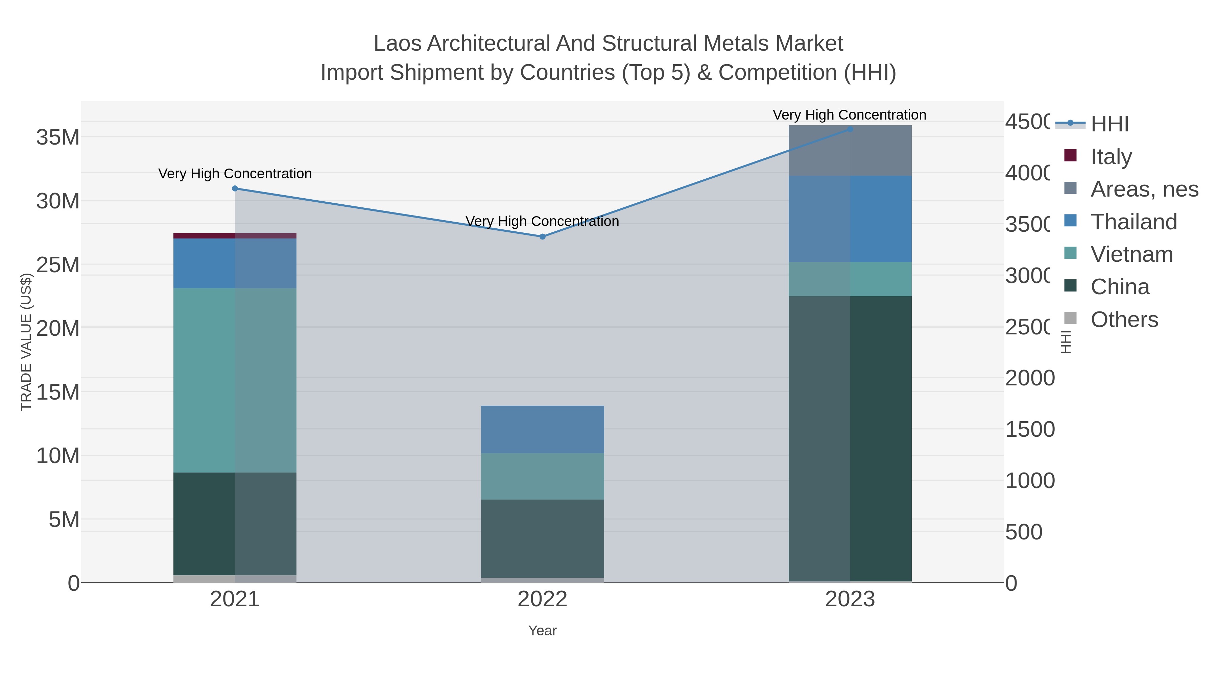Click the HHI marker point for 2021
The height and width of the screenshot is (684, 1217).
pos(235,188)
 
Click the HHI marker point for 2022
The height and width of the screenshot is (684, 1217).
pos(542,236)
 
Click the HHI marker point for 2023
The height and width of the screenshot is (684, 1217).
pos(850,129)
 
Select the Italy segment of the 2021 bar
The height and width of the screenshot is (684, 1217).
pos(235,235)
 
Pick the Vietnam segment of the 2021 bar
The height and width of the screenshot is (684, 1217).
pos(235,380)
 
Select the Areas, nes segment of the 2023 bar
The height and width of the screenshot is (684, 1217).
pos(850,151)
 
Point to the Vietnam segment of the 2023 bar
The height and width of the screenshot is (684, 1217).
pos(850,279)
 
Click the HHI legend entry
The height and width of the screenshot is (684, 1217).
pos(1109,124)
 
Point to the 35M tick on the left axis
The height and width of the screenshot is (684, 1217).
pos(57,137)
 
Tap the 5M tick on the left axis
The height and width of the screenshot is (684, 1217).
pos(64,519)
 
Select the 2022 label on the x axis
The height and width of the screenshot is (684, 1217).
pos(542,599)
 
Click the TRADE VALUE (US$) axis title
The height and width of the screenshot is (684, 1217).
pos(26,342)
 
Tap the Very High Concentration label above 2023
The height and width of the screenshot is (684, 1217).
pos(850,115)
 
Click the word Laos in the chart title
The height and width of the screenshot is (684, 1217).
pos(397,44)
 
